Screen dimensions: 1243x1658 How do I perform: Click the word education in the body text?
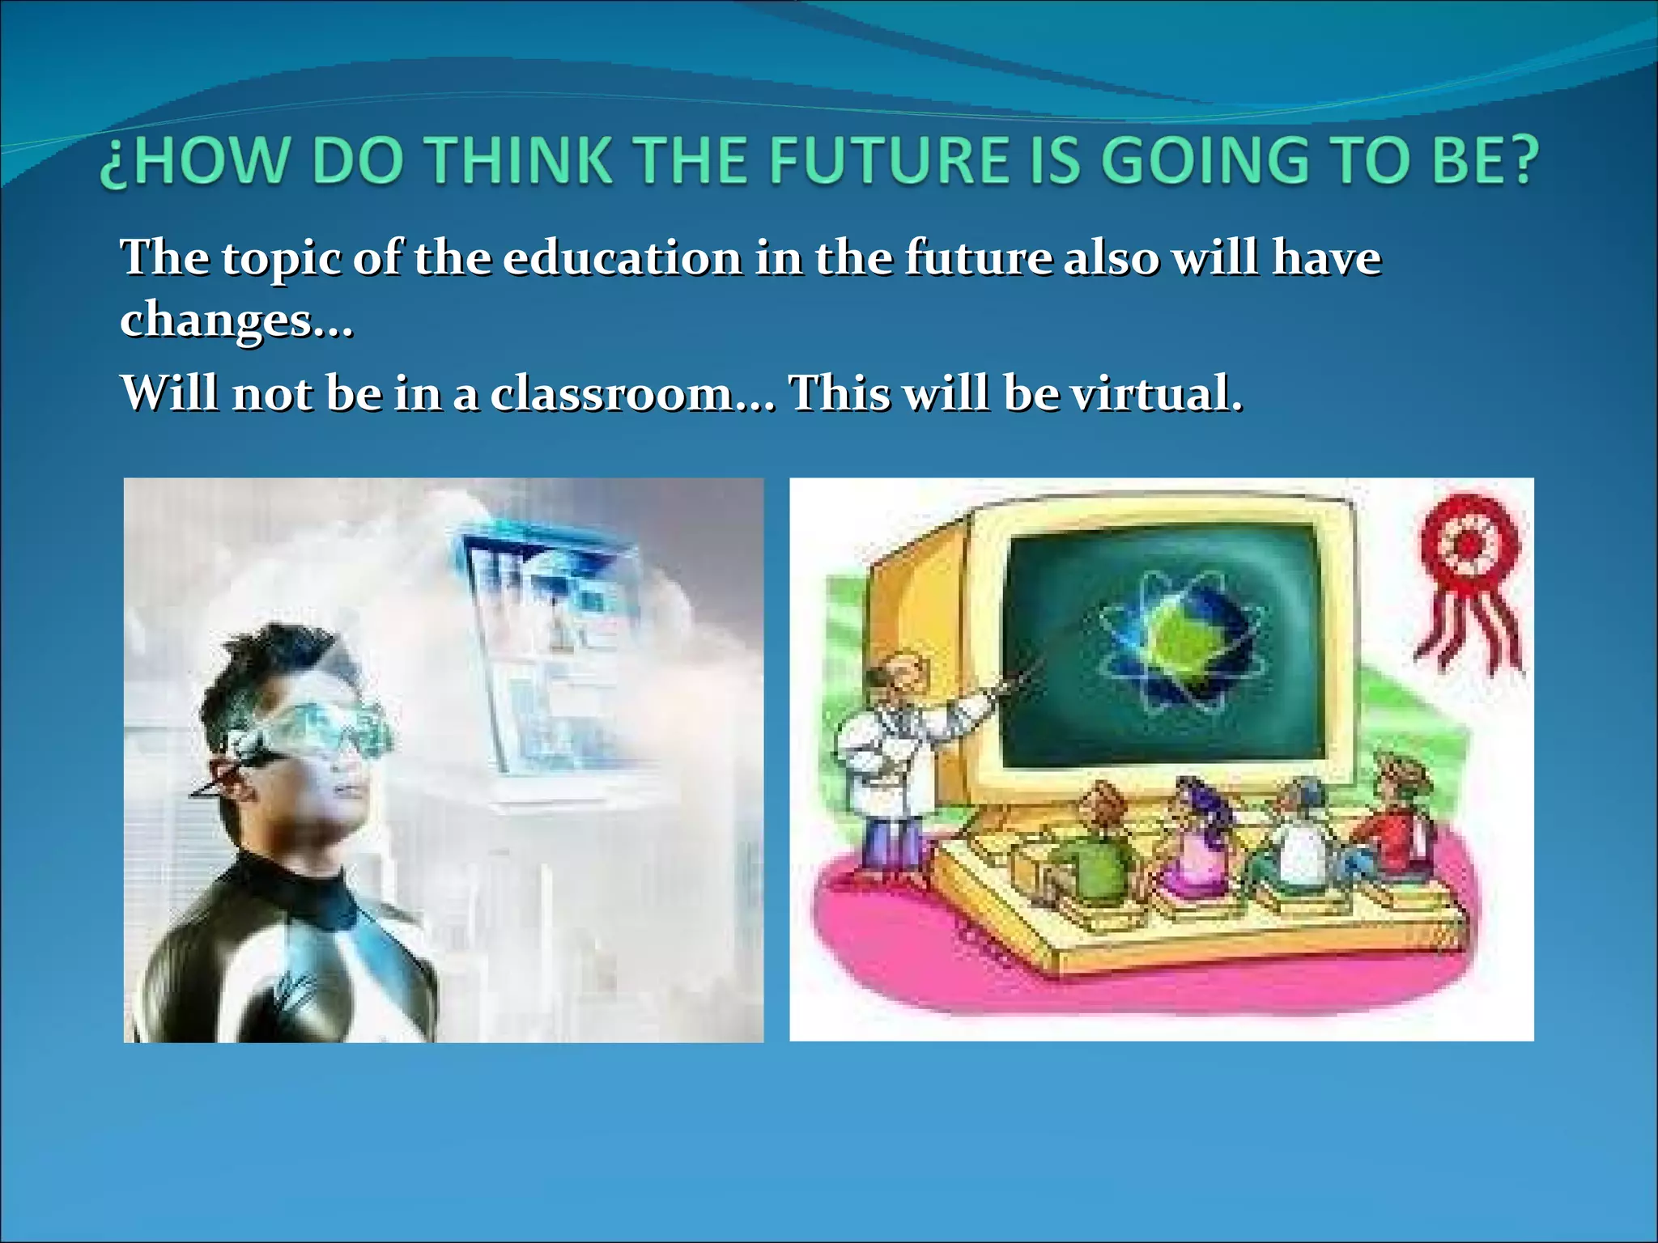(x=622, y=258)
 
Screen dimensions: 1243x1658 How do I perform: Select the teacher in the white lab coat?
(x=891, y=761)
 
